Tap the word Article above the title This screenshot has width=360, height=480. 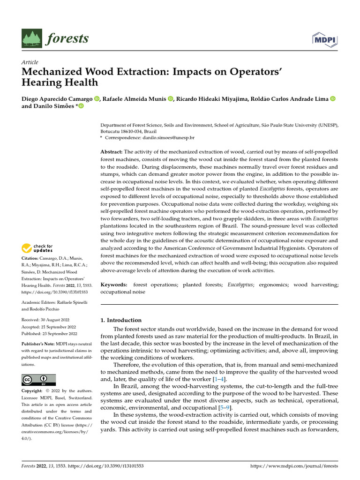(x=30, y=62)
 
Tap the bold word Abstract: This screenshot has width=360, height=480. (x=112, y=152)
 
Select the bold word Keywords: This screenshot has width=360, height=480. (x=114, y=285)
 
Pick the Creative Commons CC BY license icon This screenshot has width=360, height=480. (x=39, y=380)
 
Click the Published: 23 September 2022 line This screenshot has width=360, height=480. (x=49, y=334)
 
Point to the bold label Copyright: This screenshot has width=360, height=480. (x=35, y=390)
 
